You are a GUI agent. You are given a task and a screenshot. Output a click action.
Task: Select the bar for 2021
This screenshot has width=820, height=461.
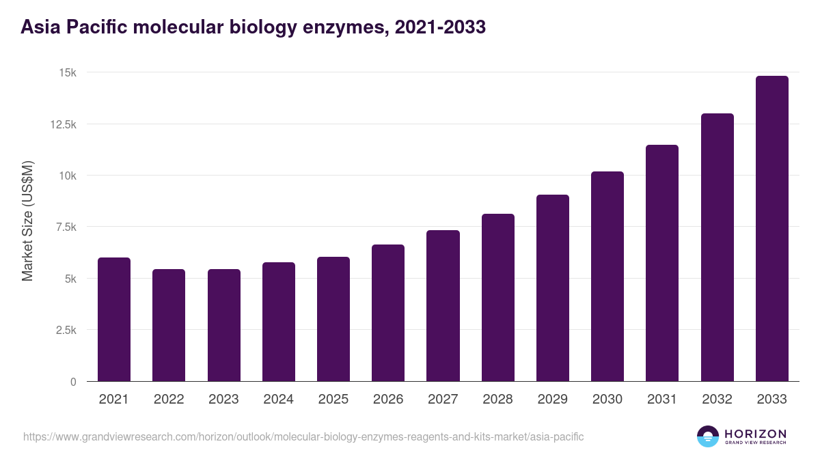[114, 320]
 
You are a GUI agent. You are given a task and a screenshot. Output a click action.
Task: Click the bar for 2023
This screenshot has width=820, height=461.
[224, 325]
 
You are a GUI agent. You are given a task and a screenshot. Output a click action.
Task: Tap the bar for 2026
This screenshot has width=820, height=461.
[388, 313]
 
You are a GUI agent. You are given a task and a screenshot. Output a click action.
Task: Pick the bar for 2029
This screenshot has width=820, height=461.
[553, 288]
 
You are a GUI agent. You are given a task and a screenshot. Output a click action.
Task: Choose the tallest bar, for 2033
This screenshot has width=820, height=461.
[772, 229]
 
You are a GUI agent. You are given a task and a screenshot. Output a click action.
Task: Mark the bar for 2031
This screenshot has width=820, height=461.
[662, 263]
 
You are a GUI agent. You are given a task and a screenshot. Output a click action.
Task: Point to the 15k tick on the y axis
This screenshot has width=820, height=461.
[67, 72]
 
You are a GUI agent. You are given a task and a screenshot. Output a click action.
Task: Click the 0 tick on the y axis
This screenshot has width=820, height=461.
[73, 382]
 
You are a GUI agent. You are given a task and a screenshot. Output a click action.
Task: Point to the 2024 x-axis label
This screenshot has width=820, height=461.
[278, 400]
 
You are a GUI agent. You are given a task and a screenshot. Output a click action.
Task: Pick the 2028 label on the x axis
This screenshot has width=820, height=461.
[497, 400]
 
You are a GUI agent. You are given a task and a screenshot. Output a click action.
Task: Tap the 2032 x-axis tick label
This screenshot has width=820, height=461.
[717, 400]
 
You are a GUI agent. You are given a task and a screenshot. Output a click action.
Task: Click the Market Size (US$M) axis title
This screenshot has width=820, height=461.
[27, 221]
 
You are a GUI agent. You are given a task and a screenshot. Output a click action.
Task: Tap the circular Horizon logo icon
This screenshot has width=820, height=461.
[707, 436]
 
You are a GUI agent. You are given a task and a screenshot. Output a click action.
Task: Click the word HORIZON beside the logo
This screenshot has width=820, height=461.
[755, 434]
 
